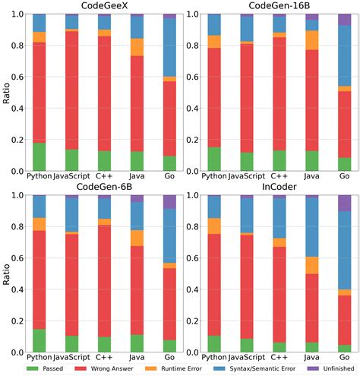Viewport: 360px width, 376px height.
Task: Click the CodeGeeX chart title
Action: coord(104,5)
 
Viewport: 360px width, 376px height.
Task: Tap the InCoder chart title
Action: coord(279,187)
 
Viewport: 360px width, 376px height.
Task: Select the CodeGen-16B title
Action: coord(279,5)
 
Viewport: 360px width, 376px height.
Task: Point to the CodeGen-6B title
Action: coord(104,187)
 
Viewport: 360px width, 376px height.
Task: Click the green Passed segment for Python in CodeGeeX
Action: coord(39,156)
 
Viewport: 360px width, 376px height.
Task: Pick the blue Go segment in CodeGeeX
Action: coord(169,47)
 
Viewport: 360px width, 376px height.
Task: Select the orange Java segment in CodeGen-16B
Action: coord(312,40)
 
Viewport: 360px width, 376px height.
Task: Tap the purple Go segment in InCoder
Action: coord(345,203)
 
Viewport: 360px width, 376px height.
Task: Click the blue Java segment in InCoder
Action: coord(312,227)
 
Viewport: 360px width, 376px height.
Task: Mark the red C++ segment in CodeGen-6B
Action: coord(105,281)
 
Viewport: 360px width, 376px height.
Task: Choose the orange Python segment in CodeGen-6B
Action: coord(39,224)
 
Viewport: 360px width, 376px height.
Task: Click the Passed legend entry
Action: coord(45,368)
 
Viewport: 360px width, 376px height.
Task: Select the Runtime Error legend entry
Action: coord(174,368)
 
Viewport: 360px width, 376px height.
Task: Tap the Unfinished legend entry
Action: coord(330,368)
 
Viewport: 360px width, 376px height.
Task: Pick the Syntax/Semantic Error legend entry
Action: coord(254,368)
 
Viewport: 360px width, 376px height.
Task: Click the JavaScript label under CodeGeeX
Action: coord(71,176)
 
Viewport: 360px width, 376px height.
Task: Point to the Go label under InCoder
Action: coord(345,357)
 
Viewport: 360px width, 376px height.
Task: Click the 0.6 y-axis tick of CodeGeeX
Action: coord(17,77)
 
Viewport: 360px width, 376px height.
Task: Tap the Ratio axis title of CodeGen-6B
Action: coord(6,274)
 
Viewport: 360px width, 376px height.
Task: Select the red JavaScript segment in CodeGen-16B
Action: coord(247,98)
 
